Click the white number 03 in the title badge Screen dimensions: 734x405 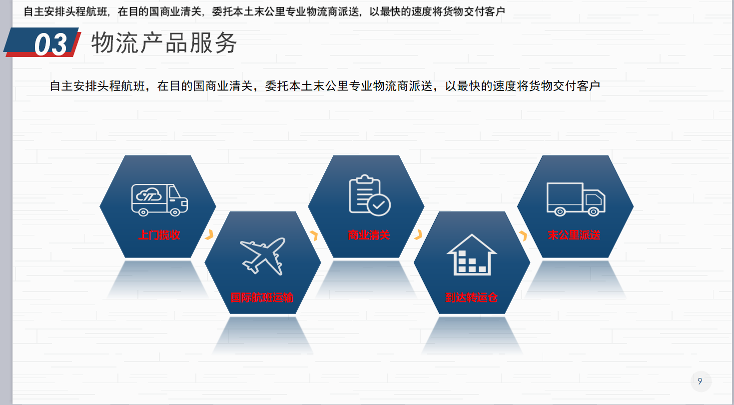(50, 44)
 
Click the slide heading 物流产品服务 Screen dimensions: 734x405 (164, 42)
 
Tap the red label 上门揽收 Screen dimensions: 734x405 (159, 235)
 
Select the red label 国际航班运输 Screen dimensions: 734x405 (262, 297)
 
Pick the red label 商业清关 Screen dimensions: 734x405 (369, 235)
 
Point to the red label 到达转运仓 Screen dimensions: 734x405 (471, 297)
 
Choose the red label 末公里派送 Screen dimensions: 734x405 (574, 235)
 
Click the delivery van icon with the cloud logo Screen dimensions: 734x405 (159, 199)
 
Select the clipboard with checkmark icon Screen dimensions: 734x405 (369, 195)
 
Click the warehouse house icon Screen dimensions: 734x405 (472, 254)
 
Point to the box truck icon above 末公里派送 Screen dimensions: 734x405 (576, 199)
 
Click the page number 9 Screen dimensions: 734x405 (700, 381)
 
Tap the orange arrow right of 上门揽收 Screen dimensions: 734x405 (210, 234)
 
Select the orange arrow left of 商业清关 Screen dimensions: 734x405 (314, 235)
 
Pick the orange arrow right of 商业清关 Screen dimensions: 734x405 (418, 234)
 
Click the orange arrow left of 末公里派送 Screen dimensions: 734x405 (523, 235)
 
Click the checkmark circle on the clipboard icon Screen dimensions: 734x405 (379, 205)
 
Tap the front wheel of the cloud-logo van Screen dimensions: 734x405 (175, 212)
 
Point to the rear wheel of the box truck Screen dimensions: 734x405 (560, 211)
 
